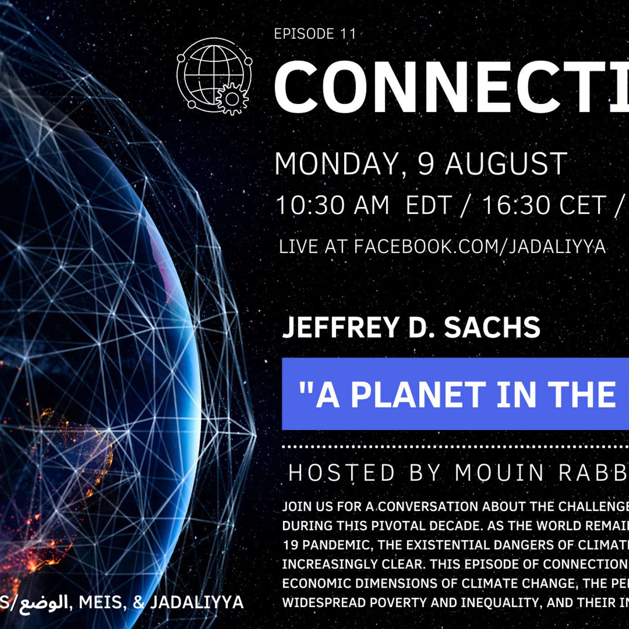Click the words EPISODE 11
[x=315, y=34]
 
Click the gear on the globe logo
[x=232, y=98]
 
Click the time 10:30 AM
[x=332, y=205]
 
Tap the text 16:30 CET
[x=544, y=205]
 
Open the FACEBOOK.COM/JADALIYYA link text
[x=479, y=247]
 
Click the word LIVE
[x=298, y=247]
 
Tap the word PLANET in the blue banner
[x=418, y=395]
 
